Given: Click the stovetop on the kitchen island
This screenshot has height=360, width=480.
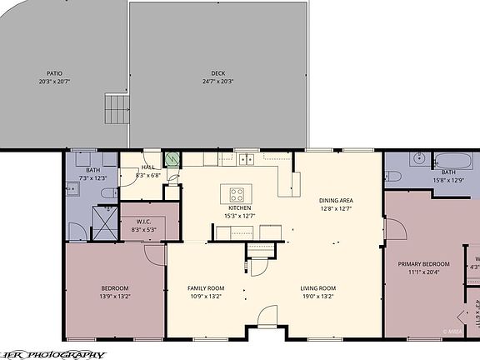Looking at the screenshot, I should (237, 195).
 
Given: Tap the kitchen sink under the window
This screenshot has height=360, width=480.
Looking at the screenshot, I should (245, 158).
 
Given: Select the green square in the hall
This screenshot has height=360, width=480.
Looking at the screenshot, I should (174, 159).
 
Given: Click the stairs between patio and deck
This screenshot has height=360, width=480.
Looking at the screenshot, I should (116, 108).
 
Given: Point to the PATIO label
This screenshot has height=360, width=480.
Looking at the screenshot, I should (54, 73).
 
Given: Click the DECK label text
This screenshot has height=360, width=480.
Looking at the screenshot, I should (217, 73).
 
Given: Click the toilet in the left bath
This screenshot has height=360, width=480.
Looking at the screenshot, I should (107, 192).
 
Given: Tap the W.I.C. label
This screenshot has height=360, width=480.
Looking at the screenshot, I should (144, 222).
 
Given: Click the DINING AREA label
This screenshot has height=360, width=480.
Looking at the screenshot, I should (336, 201).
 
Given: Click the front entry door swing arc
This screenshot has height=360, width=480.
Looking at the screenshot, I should (266, 317).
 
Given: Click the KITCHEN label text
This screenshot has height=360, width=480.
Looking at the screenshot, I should (239, 208).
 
